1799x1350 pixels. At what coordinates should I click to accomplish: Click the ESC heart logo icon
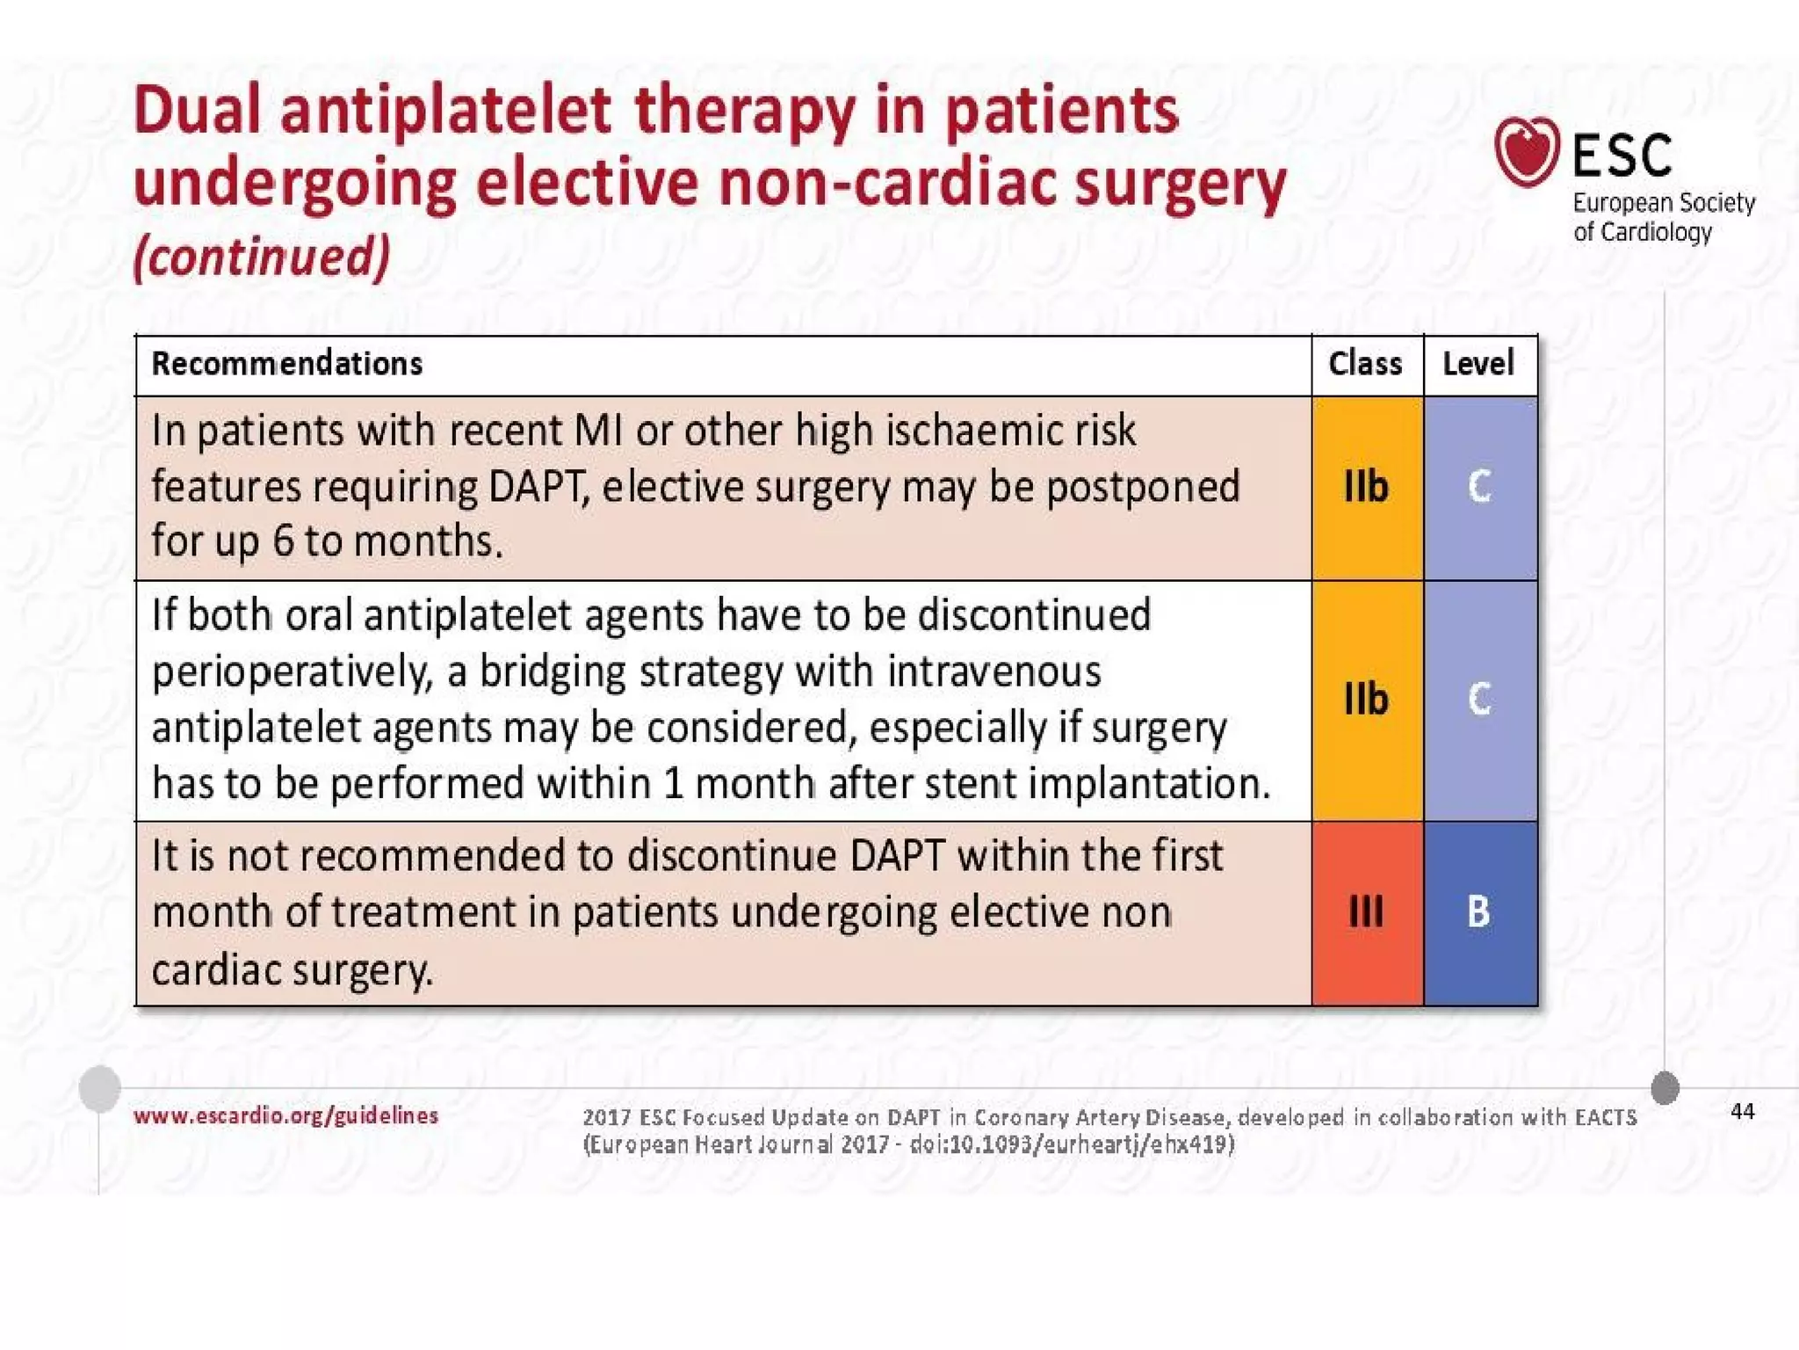coord(1527,151)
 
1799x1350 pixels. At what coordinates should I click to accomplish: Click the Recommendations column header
coord(286,364)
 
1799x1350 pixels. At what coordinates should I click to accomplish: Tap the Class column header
coord(1365,364)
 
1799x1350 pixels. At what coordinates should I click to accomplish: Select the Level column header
coord(1478,364)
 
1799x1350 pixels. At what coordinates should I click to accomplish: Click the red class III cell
coord(1366,911)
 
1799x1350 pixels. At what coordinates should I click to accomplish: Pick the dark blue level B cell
coord(1479,911)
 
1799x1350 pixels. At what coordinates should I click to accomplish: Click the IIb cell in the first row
coord(1366,487)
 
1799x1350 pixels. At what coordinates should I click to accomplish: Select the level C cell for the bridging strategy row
coord(1479,700)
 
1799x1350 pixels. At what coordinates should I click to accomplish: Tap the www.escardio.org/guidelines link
coord(285,1115)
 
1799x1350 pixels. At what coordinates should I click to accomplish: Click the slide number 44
coord(1742,1112)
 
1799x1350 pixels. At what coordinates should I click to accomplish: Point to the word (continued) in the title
coord(262,256)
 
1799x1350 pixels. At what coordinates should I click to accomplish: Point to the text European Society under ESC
coord(1663,203)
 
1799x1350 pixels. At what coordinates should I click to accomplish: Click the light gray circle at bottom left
coord(100,1088)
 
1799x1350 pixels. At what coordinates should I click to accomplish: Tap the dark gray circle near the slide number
coord(1665,1087)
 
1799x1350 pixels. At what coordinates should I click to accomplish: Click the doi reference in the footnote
coord(1072,1144)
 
